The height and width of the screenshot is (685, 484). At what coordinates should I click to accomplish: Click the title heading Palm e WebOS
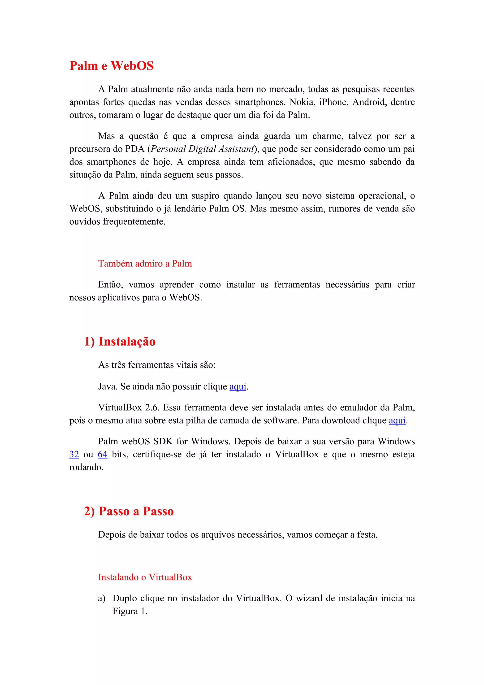coord(111,66)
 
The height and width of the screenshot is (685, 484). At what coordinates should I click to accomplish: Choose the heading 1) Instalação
coord(120,342)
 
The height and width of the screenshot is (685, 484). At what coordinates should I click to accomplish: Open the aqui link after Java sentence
coord(238,387)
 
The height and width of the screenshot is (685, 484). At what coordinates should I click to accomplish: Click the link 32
coord(74,454)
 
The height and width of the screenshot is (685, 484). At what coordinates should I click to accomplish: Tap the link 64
coord(102,454)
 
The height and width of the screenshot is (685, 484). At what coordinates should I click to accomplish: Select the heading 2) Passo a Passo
coord(129,511)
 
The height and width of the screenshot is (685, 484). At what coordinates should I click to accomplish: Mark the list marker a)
coord(102,598)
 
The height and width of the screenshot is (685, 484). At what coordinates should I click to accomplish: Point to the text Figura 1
coord(130,611)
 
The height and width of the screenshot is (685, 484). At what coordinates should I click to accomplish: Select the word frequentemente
coord(134,221)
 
